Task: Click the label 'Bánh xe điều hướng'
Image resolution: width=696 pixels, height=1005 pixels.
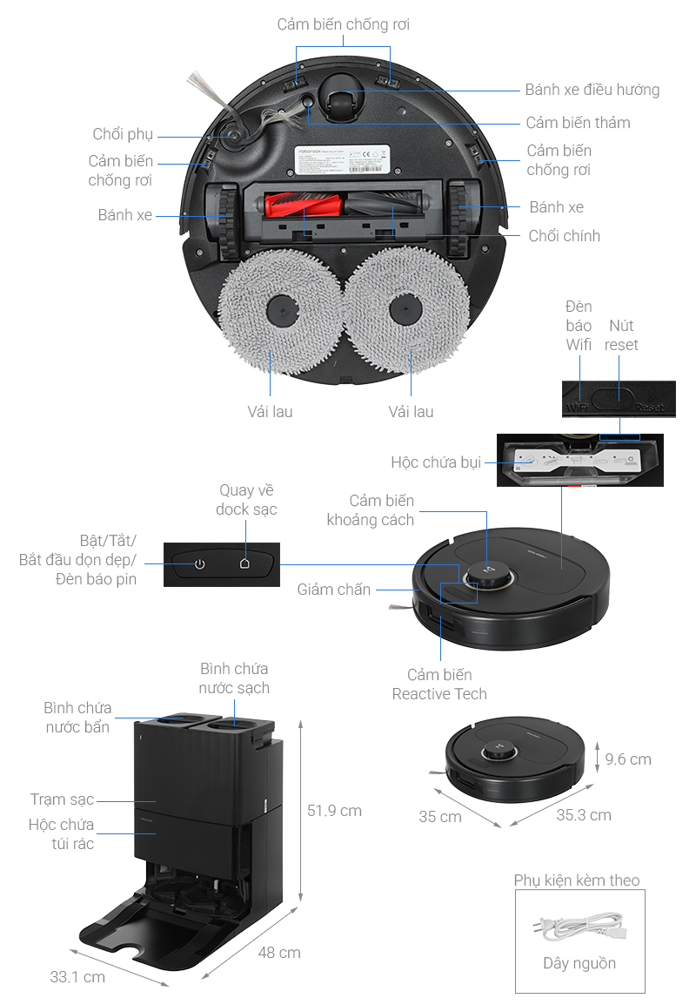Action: pos(592,90)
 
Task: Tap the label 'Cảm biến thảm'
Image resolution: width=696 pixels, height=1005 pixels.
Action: pos(578,123)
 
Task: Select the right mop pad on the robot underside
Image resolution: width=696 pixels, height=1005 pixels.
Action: pos(405,309)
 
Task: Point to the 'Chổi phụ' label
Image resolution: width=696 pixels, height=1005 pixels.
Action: pos(123,134)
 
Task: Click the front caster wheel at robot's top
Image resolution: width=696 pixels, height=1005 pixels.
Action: pos(341,103)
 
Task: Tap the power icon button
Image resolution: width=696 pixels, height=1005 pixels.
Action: pos(200,563)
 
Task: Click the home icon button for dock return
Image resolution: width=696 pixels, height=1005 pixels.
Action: pos(245,563)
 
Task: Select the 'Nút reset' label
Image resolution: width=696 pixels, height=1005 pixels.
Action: pos(621,335)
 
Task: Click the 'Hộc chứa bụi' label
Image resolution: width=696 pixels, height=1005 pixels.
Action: pos(435,462)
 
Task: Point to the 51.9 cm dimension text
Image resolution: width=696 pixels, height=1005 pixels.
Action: pos(334,811)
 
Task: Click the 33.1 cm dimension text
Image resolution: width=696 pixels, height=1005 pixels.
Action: pos(77,977)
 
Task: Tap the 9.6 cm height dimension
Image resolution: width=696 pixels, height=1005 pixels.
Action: pos(627,759)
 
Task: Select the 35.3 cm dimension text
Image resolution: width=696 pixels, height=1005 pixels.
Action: pos(583,815)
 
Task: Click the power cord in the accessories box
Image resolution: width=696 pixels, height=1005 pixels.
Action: pos(579,926)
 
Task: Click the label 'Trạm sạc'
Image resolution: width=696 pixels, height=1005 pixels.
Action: pos(62,799)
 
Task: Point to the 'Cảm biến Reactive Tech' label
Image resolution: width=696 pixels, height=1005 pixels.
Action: pos(439,685)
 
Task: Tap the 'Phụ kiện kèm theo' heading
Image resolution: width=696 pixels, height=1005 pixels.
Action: pos(576,880)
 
